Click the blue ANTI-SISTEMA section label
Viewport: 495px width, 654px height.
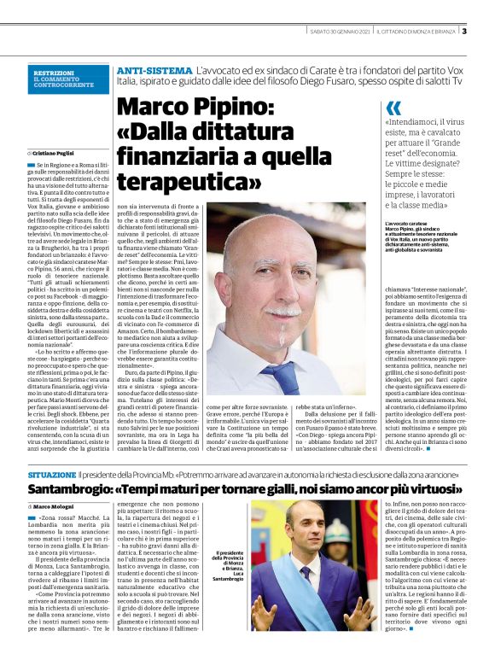154,69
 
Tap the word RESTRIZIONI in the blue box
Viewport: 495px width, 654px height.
53,73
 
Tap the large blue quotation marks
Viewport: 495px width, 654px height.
393,108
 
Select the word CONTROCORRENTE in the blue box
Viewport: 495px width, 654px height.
64,86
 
